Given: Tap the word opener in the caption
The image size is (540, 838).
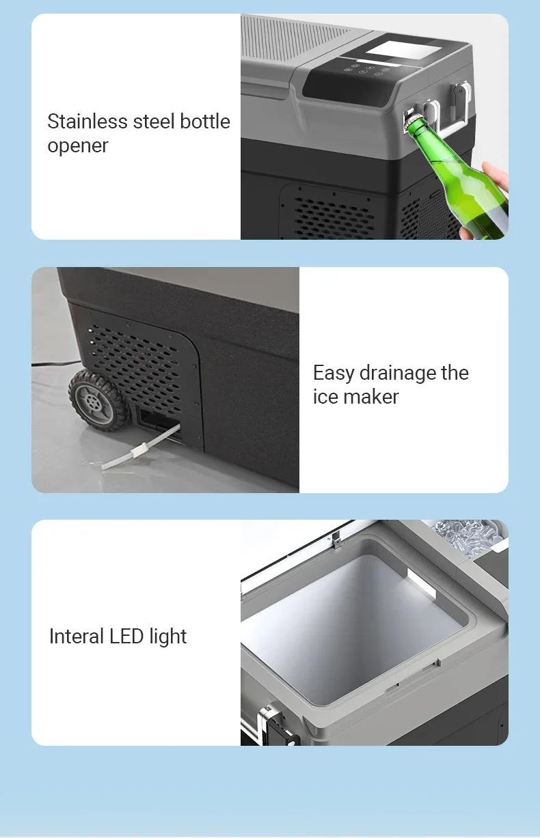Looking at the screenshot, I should click(x=77, y=145).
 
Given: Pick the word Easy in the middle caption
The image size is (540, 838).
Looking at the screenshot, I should click(x=334, y=373).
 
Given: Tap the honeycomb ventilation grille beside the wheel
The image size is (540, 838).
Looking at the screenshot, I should click(x=136, y=363).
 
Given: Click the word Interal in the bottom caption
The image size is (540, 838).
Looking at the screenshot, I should click(x=77, y=637).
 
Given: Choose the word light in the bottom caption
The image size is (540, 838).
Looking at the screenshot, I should click(x=167, y=637).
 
